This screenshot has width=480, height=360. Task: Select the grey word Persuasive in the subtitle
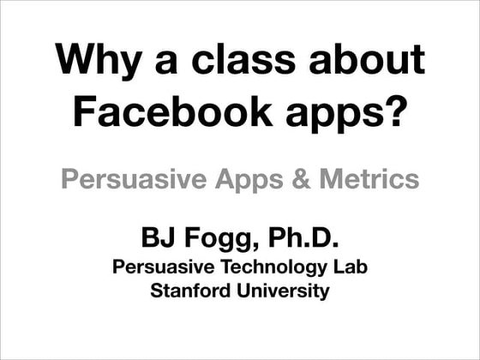coord(136,181)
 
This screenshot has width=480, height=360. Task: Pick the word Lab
coord(351,267)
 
